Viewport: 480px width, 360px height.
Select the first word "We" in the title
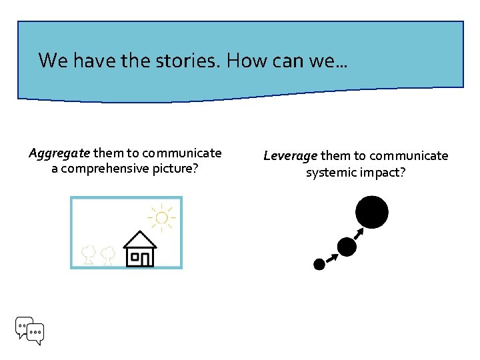tap(51, 61)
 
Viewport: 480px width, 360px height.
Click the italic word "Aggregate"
tap(59, 154)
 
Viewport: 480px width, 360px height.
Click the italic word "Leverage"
tap(290, 156)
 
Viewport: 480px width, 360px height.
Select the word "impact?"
tap(381, 173)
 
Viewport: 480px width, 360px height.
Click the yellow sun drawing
tap(161, 218)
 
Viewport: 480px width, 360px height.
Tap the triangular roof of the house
tap(140, 238)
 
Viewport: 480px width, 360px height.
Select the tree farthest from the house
tap(87, 254)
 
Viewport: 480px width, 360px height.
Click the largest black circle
tap(371, 213)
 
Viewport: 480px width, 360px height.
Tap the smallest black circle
tap(319, 264)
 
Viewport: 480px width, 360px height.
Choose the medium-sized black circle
tap(347, 247)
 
